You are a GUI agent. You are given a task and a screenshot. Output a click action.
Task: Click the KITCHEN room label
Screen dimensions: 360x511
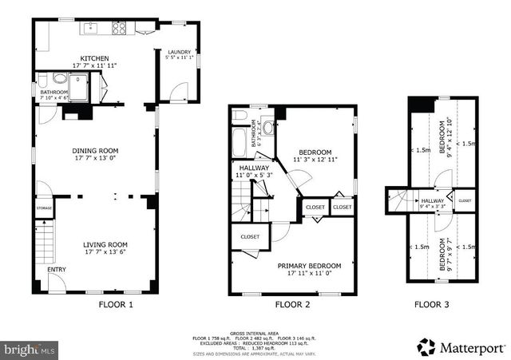click(89, 58)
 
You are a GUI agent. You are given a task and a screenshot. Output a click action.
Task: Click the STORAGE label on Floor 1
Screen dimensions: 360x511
click(44, 209)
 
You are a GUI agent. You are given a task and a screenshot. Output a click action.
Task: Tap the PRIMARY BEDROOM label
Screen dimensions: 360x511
click(309, 266)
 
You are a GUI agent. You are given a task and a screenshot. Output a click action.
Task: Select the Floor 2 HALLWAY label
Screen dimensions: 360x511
click(254, 168)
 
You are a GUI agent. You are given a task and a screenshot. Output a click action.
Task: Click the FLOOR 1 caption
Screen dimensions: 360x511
click(116, 304)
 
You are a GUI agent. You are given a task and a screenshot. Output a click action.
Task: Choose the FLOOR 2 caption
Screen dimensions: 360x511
click(294, 304)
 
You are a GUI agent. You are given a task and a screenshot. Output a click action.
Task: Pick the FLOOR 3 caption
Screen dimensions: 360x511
click(432, 304)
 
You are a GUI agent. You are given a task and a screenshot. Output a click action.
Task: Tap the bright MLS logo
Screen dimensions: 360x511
click(30, 350)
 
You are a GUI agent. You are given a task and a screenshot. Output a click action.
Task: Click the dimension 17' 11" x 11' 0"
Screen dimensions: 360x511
click(309, 275)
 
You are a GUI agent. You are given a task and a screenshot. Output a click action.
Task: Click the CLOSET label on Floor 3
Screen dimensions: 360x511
click(464, 200)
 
